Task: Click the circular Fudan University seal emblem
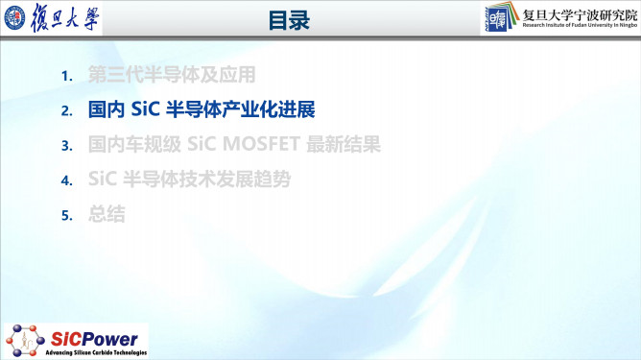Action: (x=19, y=20)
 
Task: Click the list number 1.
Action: (x=66, y=76)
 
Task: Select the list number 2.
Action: (x=66, y=111)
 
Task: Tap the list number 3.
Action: (x=66, y=146)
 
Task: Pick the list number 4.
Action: (x=66, y=180)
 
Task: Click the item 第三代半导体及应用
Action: (x=172, y=75)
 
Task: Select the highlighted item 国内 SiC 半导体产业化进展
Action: (x=201, y=110)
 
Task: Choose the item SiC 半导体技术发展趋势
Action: (x=187, y=180)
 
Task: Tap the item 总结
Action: (x=106, y=215)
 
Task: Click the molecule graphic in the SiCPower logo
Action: (x=23, y=338)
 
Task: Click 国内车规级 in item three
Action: (x=125, y=146)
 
